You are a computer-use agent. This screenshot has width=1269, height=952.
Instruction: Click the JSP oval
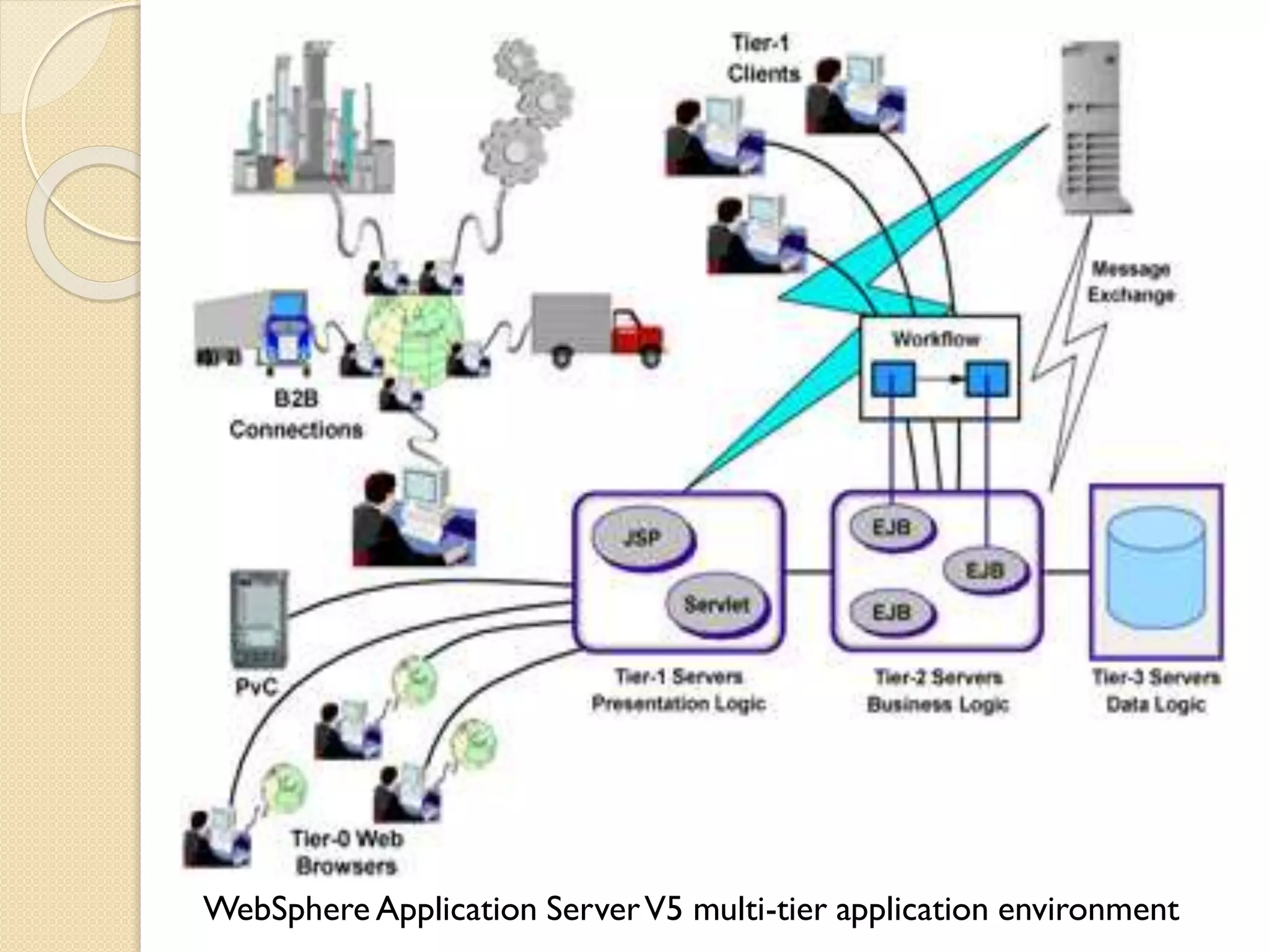pyautogui.click(x=643, y=538)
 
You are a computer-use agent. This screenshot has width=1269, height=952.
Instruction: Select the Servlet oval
pyautogui.click(x=717, y=604)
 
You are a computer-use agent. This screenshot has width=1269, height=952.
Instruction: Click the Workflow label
pyautogui.click(x=936, y=340)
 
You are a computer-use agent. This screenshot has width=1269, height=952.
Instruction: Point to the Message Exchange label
pyautogui.click(x=1131, y=282)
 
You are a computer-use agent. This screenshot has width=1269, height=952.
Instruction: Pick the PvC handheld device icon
pyautogui.click(x=259, y=617)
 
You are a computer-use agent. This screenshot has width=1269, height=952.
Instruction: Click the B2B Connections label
pyautogui.click(x=296, y=414)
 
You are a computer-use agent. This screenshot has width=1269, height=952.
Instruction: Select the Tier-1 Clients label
pyautogui.click(x=762, y=59)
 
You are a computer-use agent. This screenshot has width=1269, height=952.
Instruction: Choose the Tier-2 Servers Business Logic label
pyautogui.click(x=937, y=691)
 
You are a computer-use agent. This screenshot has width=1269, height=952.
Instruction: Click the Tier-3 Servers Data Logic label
pyautogui.click(x=1156, y=691)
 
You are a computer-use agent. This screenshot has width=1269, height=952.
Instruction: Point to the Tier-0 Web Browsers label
pyautogui.click(x=347, y=852)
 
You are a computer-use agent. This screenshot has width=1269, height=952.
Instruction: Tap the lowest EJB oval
pyautogui.click(x=892, y=612)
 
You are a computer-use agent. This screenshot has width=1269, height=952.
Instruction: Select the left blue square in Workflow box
pyautogui.click(x=892, y=379)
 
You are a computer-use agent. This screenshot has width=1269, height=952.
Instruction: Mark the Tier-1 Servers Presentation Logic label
pyautogui.click(x=678, y=690)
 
